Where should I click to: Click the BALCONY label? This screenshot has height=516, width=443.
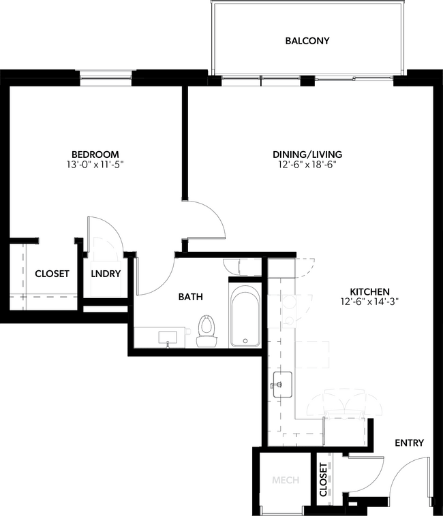(x=307, y=41)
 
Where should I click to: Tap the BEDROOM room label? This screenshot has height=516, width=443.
(x=95, y=154)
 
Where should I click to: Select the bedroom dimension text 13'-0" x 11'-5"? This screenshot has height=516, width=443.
(x=95, y=164)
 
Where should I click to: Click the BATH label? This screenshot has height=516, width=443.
(x=189, y=297)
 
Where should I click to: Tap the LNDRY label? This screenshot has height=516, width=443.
(x=106, y=274)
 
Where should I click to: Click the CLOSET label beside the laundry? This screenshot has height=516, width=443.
(x=52, y=274)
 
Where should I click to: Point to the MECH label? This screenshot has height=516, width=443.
(x=286, y=481)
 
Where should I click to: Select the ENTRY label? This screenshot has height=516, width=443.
(x=409, y=443)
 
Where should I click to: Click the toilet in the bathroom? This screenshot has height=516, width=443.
(x=205, y=330)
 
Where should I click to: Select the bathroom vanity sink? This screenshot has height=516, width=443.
(x=167, y=337)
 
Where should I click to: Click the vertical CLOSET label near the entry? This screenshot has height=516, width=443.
(x=323, y=479)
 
